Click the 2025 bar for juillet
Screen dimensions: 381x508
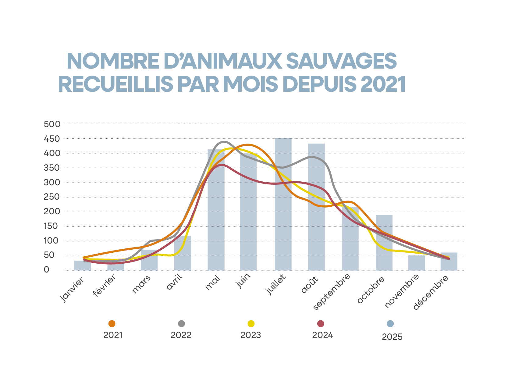point(283,213)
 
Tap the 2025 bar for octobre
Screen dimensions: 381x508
point(384,244)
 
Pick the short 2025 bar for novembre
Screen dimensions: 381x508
point(416,263)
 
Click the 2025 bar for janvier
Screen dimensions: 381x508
point(82,265)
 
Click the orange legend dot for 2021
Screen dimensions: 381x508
point(112,324)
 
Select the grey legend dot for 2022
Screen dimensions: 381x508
point(181,324)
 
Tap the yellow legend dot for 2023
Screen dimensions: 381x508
point(251,324)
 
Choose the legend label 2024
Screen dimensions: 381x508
point(322,335)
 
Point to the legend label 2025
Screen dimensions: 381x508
point(392,337)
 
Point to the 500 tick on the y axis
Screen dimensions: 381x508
point(52,124)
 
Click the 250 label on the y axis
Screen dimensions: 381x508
point(52,197)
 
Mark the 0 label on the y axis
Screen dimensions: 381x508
point(46,270)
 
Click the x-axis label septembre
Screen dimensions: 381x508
point(332,292)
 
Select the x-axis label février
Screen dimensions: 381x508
point(105,285)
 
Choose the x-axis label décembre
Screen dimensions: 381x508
point(431,292)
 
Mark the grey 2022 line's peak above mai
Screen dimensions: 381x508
point(224,142)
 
